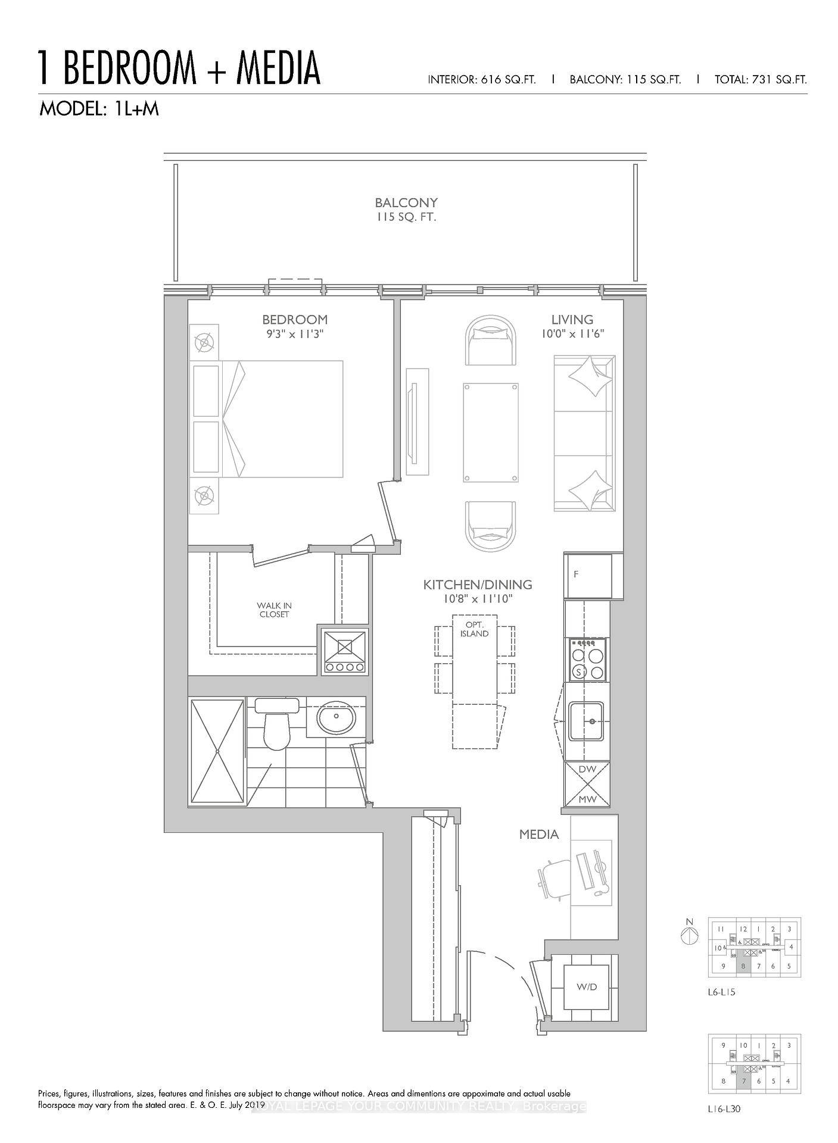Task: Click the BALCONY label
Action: click(406, 203)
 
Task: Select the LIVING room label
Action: click(572, 320)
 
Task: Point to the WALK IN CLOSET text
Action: click(274, 610)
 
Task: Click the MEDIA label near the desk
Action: click(538, 835)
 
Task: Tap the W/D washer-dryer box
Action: click(586, 986)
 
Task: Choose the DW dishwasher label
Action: click(587, 769)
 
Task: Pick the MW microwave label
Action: click(587, 799)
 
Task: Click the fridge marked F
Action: click(588, 575)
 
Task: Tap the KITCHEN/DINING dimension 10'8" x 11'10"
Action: click(478, 599)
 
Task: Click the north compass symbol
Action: click(689, 935)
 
